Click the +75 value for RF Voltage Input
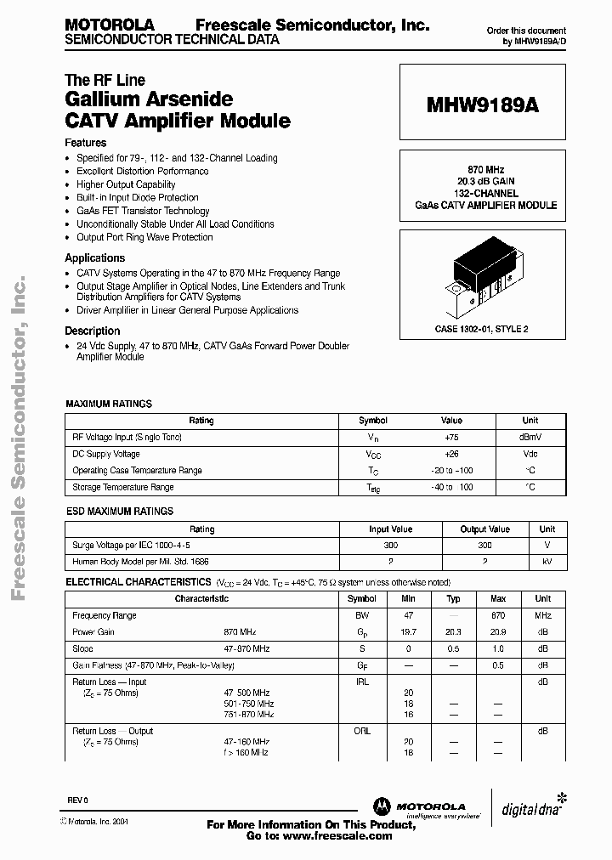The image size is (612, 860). pos(451,437)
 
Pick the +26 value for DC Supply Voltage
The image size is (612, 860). pos(451,454)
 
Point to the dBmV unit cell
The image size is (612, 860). pos(530,437)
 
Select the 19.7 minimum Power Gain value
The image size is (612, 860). pos(409,632)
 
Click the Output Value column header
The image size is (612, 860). pos(484,529)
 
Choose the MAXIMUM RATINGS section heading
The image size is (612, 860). pos(109,404)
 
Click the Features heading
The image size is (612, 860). pos(86,143)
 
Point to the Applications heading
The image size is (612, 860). pos(95,257)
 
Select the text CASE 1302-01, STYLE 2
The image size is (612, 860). pos(480,328)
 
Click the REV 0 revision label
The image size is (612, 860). pos(78,801)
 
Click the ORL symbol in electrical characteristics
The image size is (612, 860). pos(362,731)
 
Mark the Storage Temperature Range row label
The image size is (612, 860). pos(123,487)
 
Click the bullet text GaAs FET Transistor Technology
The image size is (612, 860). pos(143,211)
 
